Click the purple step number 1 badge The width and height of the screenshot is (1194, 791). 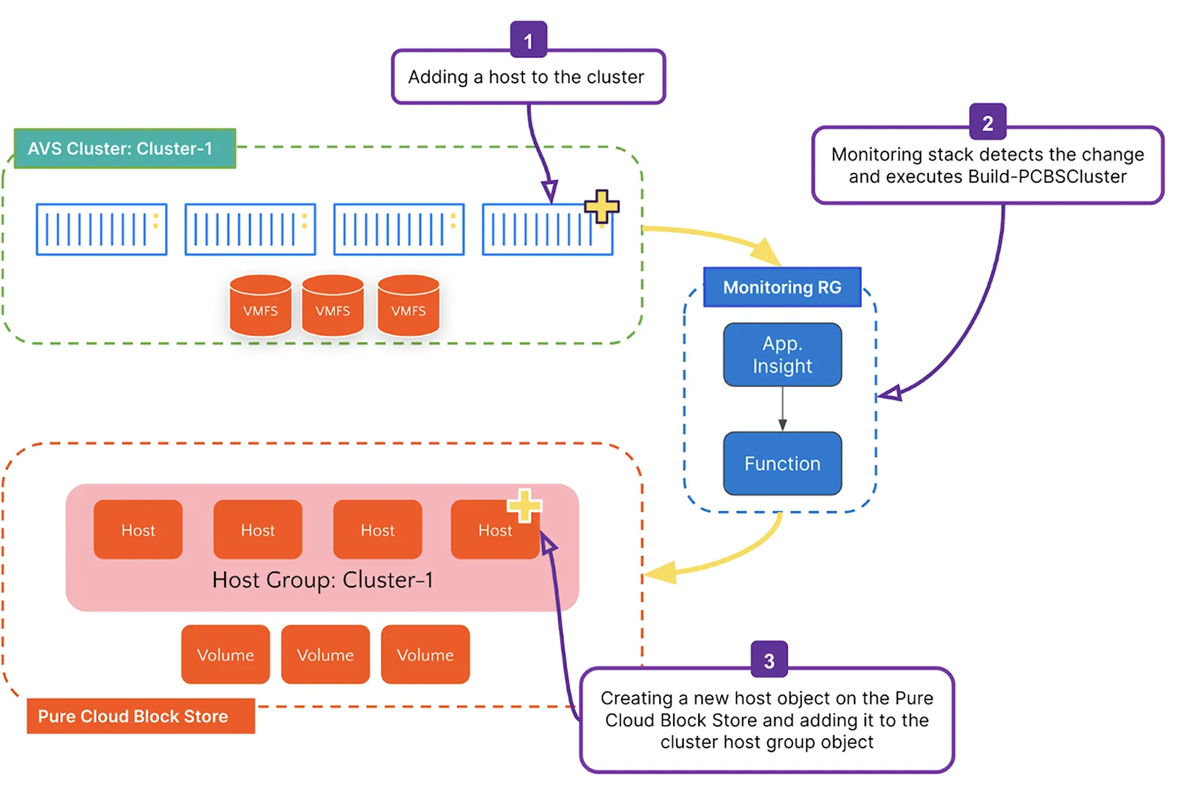[x=528, y=41]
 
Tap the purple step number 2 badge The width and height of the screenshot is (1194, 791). [x=987, y=122]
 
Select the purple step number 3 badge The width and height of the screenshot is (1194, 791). [x=769, y=660]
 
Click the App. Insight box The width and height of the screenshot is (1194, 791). [x=782, y=355]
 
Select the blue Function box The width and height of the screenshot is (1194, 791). [x=782, y=464]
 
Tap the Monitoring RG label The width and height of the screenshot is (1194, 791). [x=782, y=287]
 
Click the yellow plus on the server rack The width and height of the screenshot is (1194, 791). [x=601, y=207]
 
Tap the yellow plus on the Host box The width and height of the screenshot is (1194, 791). [x=524, y=504]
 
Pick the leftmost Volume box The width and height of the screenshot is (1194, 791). [x=225, y=655]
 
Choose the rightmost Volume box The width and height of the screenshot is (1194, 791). [x=425, y=655]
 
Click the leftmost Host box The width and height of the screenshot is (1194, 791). [x=137, y=530]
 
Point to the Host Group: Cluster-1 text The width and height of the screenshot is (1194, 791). [x=322, y=580]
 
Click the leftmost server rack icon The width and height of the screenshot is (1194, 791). [x=101, y=229]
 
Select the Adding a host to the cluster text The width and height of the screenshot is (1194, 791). [x=526, y=77]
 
